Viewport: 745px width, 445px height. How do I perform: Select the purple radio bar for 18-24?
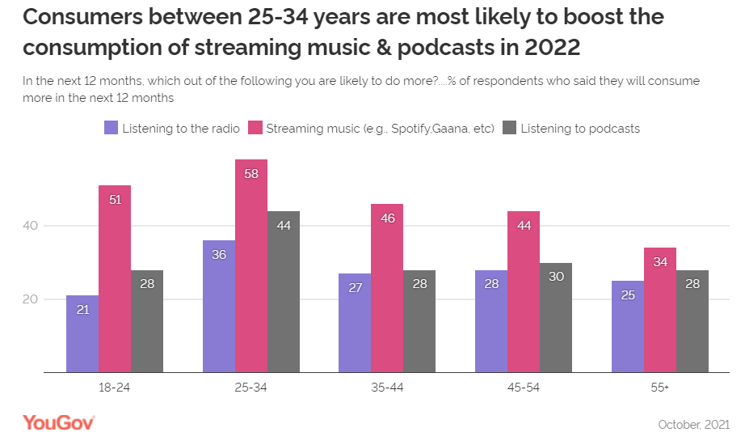pyautogui.click(x=82, y=333)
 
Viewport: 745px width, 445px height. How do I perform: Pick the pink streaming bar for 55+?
pyautogui.click(x=660, y=310)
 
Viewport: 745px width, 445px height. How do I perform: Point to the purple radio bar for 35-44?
pyautogui.click(x=355, y=322)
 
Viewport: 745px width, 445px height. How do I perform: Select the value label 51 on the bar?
pyautogui.click(x=115, y=200)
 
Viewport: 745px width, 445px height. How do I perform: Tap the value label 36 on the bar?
pyautogui.click(x=218, y=255)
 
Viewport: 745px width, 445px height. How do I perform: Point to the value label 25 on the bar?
pyautogui.click(x=627, y=295)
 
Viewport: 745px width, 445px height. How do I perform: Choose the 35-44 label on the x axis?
pyautogui.click(x=387, y=388)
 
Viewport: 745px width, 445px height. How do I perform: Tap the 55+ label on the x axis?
pyautogui.click(x=660, y=388)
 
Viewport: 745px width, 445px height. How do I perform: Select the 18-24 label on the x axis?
pyautogui.click(x=115, y=388)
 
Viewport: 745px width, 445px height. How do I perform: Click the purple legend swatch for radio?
pyautogui.click(x=112, y=128)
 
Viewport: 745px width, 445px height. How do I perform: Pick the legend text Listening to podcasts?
pyautogui.click(x=580, y=128)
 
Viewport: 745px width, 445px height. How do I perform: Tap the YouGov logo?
pyautogui.click(x=59, y=422)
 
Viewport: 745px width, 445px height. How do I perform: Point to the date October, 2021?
pyautogui.click(x=694, y=425)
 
